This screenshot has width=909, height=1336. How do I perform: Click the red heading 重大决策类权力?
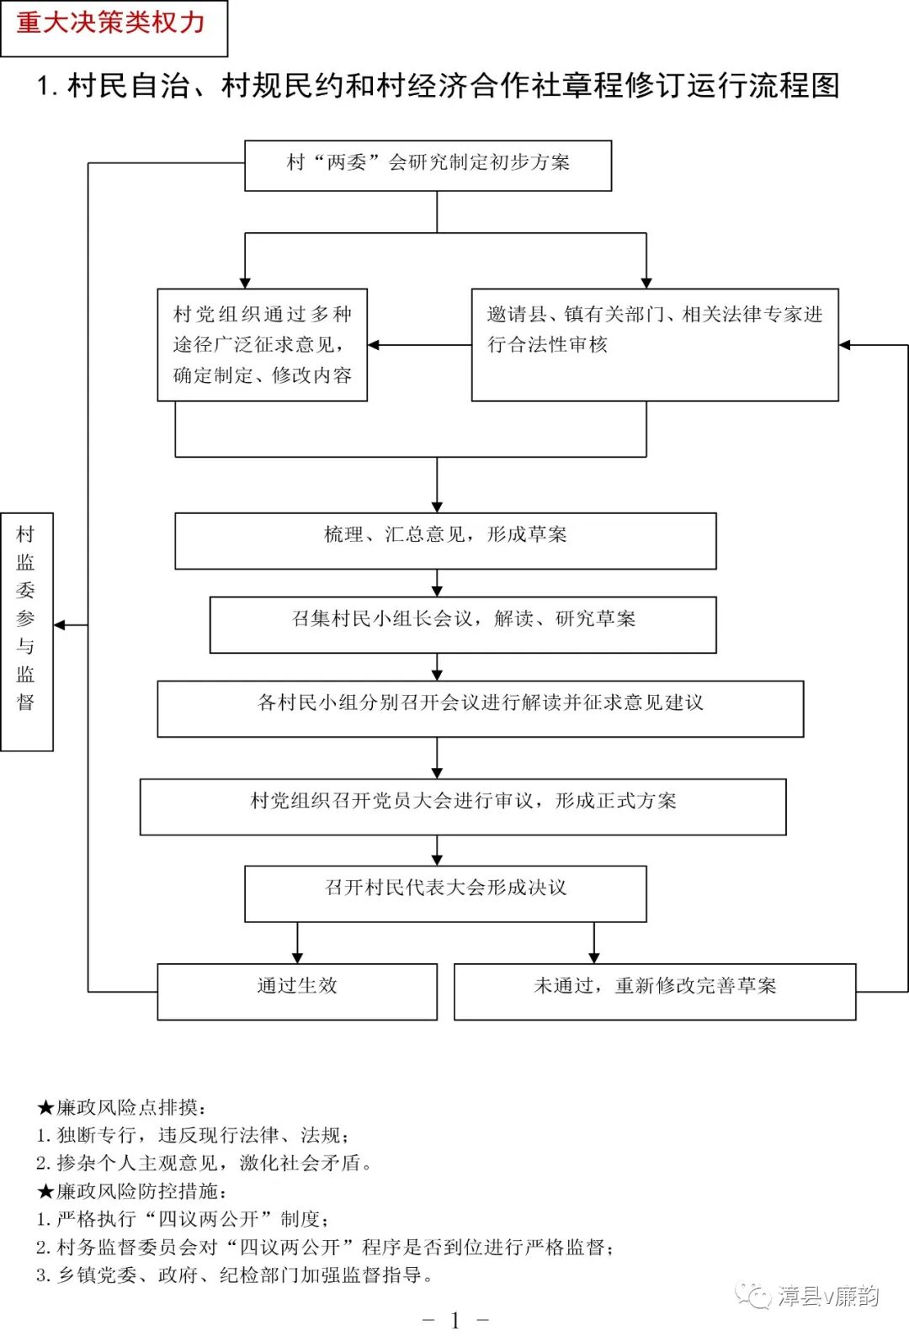113,24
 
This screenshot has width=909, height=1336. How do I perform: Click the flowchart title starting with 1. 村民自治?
438,86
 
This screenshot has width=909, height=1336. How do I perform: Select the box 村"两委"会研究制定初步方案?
428,165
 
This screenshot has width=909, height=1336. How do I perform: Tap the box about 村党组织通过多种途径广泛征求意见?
262,345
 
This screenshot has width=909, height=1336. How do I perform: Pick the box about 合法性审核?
654,345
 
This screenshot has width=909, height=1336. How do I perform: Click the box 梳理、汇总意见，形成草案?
445,540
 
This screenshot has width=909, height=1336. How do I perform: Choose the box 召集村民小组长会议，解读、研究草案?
463,624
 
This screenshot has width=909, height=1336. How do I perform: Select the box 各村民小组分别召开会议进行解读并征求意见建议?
480,708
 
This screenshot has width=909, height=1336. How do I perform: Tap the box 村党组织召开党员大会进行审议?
463,806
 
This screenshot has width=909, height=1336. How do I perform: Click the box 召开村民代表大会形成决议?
445,893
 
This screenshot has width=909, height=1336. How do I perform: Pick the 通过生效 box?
297,991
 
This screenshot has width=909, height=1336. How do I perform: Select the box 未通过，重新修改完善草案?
654,991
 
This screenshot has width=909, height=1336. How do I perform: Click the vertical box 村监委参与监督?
27,631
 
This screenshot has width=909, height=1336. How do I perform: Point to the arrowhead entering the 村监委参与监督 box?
60,625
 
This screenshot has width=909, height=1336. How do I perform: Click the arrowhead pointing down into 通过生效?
297,957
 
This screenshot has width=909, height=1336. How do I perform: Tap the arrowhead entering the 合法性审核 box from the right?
845,345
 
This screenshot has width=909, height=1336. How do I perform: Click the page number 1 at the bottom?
455,1320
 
